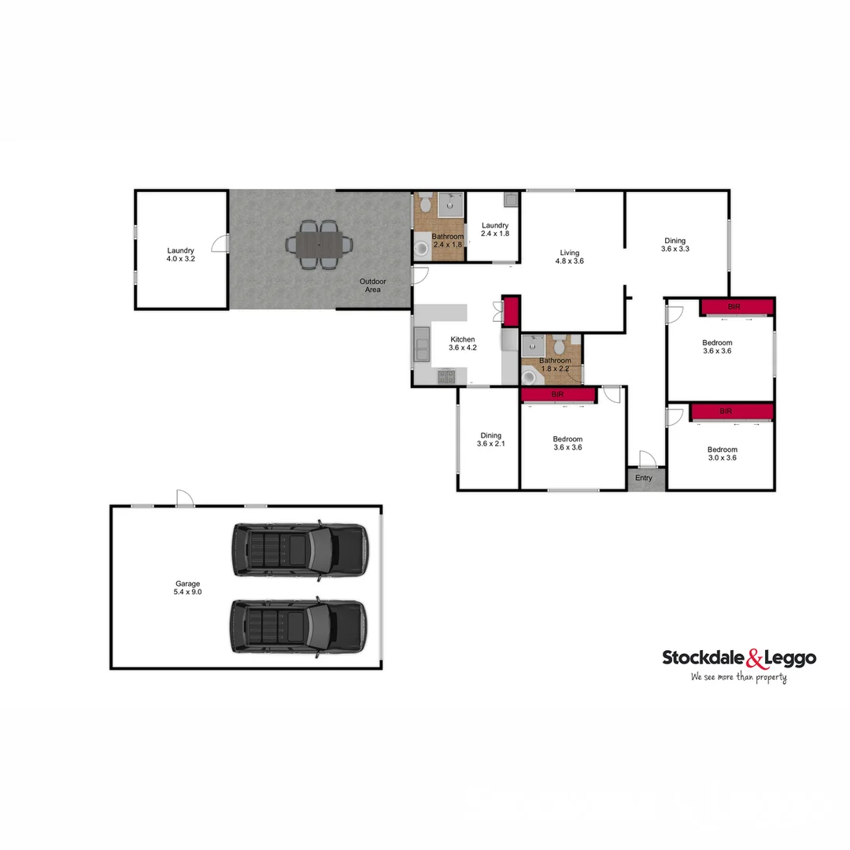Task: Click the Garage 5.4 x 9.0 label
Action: point(188,587)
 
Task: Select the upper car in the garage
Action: point(299,549)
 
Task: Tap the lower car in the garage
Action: point(299,626)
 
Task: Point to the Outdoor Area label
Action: point(372,285)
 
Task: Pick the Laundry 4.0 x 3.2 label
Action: point(180,253)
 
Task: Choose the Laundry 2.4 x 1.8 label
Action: point(495,229)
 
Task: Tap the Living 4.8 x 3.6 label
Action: point(570,257)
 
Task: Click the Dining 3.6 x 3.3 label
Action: point(674,245)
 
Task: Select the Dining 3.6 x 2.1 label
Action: point(490,439)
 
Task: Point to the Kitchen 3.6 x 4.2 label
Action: point(462,343)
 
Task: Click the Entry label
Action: point(644,478)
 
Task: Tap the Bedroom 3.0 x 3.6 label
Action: point(722,453)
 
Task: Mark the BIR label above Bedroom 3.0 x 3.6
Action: point(726,411)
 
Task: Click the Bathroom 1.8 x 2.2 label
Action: point(555,364)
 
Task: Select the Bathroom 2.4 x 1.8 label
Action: point(448,240)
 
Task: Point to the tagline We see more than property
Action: point(739,677)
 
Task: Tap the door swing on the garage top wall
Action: point(184,499)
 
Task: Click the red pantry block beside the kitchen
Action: point(512,310)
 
